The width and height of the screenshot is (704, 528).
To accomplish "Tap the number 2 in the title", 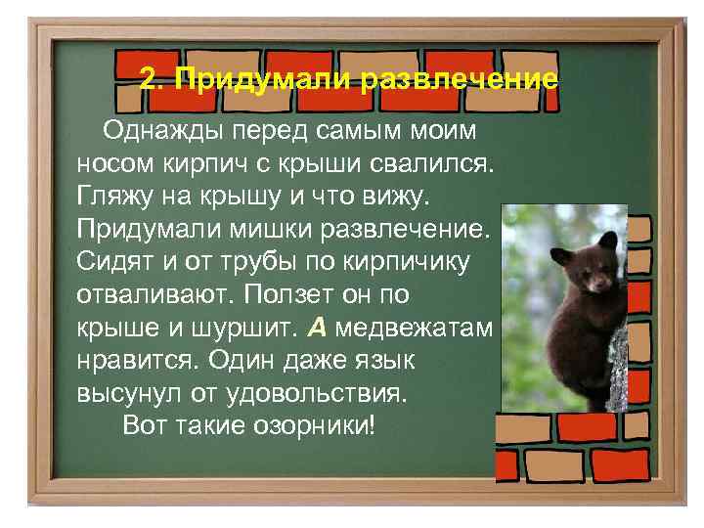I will click(x=149, y=78).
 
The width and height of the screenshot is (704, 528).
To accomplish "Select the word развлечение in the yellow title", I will click(x=460, y=78).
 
